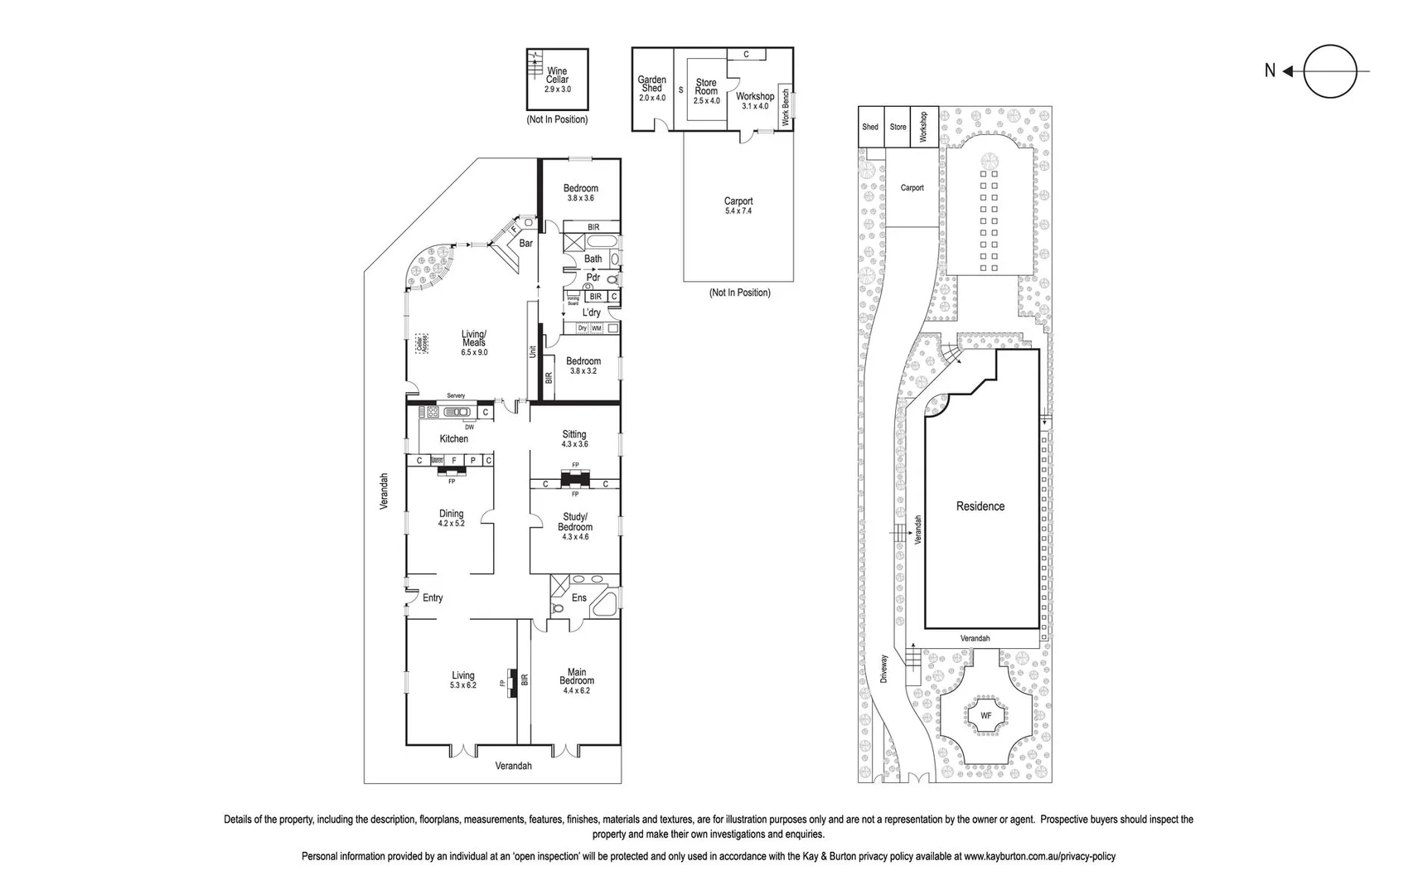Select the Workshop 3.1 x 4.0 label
point(755,100)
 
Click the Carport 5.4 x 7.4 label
point(738,205)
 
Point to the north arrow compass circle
point(1329,71)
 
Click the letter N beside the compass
point(1270,71)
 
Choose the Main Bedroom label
point(577,680)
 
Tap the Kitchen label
point(453,438)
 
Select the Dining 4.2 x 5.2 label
point(452,518)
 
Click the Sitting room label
point(574,438)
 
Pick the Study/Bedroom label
point(575,526)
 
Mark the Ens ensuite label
point(579,597)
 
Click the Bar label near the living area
point(526,244)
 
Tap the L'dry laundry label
point(591,312)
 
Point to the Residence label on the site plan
point(980,506)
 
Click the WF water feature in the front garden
point(986,715)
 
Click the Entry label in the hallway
point(433,597)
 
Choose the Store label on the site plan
point(898,127)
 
